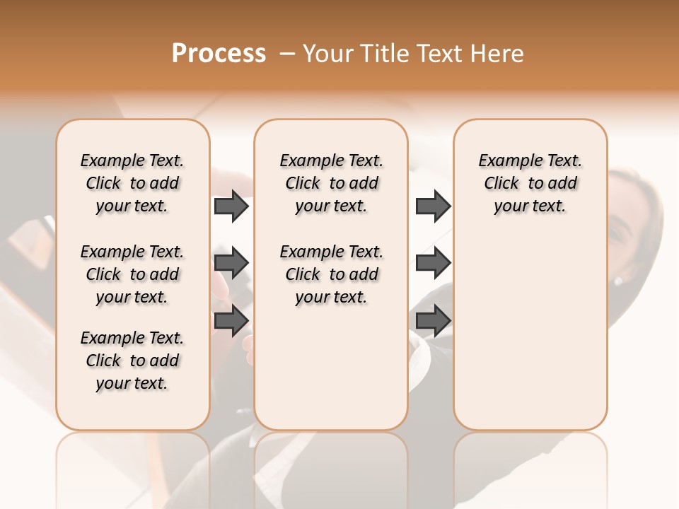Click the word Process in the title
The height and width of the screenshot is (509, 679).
point(219,54)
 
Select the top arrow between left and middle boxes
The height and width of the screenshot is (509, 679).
point(231,206)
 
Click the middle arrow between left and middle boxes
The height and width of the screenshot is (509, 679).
point(231,263)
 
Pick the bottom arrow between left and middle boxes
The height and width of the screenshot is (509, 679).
point(231,320)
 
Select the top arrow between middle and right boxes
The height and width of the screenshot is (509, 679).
point(433,206)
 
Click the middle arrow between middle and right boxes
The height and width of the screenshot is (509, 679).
point(433,263)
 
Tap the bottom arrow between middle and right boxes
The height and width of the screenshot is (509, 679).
point(433,320)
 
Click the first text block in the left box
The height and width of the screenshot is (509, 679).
point(132,183)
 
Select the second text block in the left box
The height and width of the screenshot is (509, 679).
point(132,274)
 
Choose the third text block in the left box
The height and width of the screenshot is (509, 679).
point(132,361)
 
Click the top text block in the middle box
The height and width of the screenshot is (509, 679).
point(331,183)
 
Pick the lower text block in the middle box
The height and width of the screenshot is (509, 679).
point(331,274)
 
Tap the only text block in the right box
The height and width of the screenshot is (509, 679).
point(530,183)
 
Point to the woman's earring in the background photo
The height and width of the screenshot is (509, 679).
point(618,281)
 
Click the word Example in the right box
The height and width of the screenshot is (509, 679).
point(504,161)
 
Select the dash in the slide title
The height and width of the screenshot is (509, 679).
point(286,54)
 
